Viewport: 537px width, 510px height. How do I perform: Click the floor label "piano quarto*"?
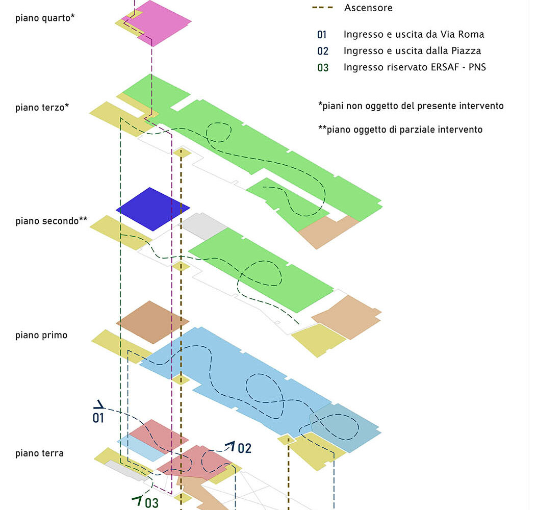pos(45,18)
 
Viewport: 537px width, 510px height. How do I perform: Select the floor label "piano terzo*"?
pos(42,108)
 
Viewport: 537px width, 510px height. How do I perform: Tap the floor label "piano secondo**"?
pos(51,221)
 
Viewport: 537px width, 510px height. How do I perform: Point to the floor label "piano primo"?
pos(41,335)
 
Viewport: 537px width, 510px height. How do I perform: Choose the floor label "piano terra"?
pos(39,453)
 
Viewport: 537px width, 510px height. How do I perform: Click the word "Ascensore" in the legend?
pos(368,8)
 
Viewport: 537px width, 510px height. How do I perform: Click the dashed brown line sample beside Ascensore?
pos(322,8)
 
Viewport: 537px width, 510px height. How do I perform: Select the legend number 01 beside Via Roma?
pos(322,35)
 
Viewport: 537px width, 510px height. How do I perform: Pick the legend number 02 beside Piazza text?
pos(322,51)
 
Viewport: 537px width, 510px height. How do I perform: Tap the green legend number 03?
pos(322,67)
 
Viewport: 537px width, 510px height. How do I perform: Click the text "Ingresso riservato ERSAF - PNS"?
pos(415,67)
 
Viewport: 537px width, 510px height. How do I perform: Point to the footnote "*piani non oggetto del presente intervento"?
pos(411,106)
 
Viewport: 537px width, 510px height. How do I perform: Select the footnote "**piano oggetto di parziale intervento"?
pos(400,130)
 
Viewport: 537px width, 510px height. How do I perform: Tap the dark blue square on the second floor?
pos(152,209)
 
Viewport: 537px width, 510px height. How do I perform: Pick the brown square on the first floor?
pos(152,322)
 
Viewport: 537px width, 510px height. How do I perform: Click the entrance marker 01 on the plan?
pos(98,418)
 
